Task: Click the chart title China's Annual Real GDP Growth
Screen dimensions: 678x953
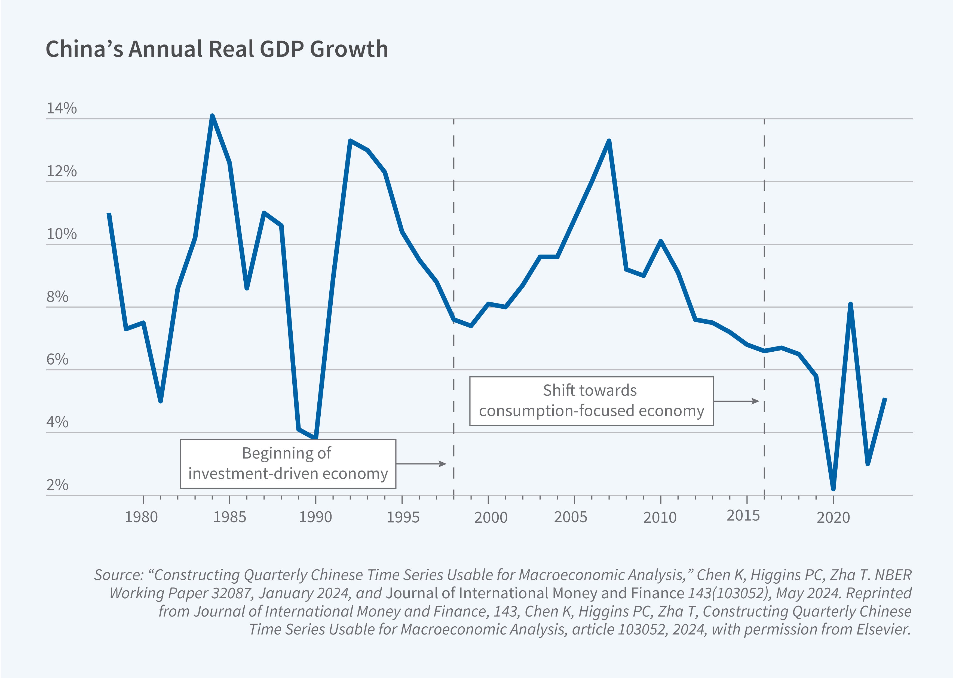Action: [x=216, y=49]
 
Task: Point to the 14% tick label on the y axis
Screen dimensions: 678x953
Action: [x=62, y=108]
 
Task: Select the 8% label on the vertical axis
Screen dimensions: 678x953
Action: [x=57, y=297]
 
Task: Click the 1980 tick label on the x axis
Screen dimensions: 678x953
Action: [x=141, y=517]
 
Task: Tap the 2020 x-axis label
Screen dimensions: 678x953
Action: [x=833, y=517]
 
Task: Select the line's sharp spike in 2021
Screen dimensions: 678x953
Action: [x=850, y=304]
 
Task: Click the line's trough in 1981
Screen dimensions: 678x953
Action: [x=160, y=401]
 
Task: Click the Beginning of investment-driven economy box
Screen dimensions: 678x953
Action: [x=288, y=463]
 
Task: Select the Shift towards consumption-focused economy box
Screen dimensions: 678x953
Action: [x=591, y=401]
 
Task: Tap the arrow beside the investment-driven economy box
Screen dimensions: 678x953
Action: [x=421, y=464]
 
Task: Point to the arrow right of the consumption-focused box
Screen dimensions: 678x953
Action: [x=736, y=401]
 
